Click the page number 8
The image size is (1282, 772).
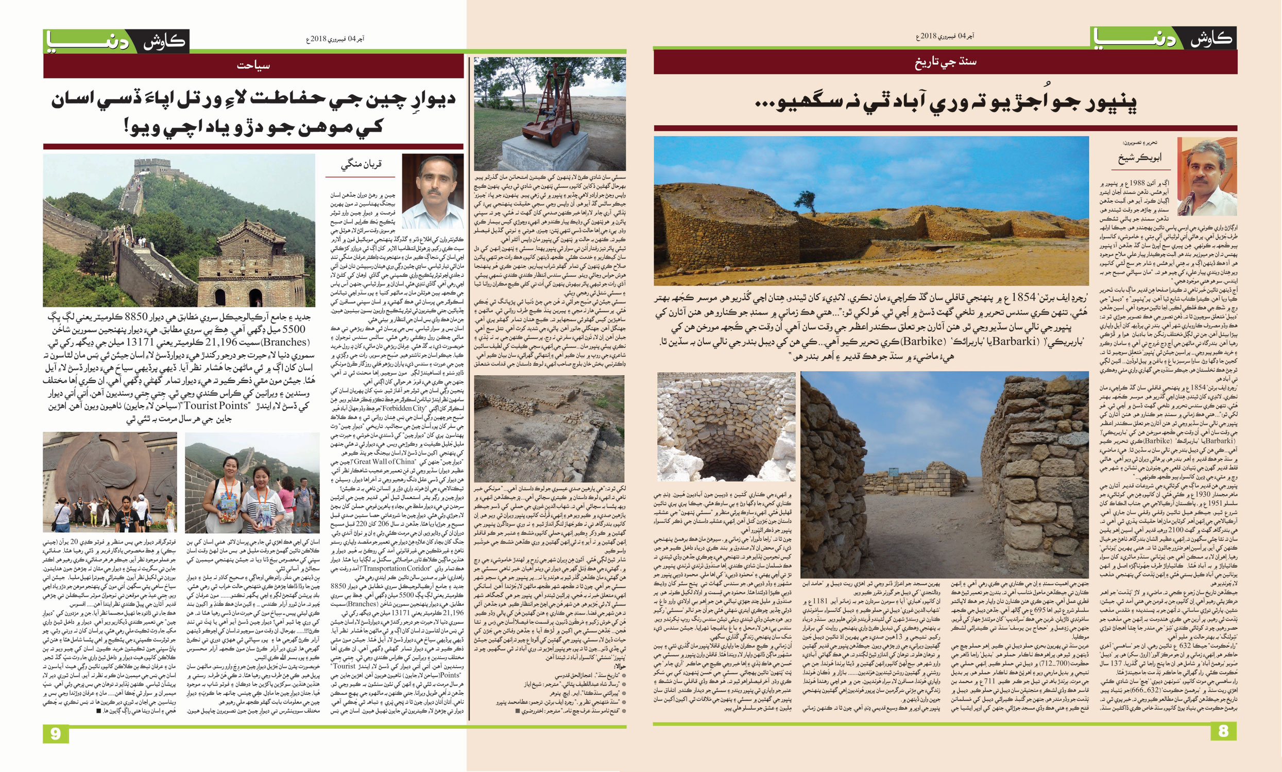tap(1223, 731)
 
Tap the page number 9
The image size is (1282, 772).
tap(56, 734)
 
